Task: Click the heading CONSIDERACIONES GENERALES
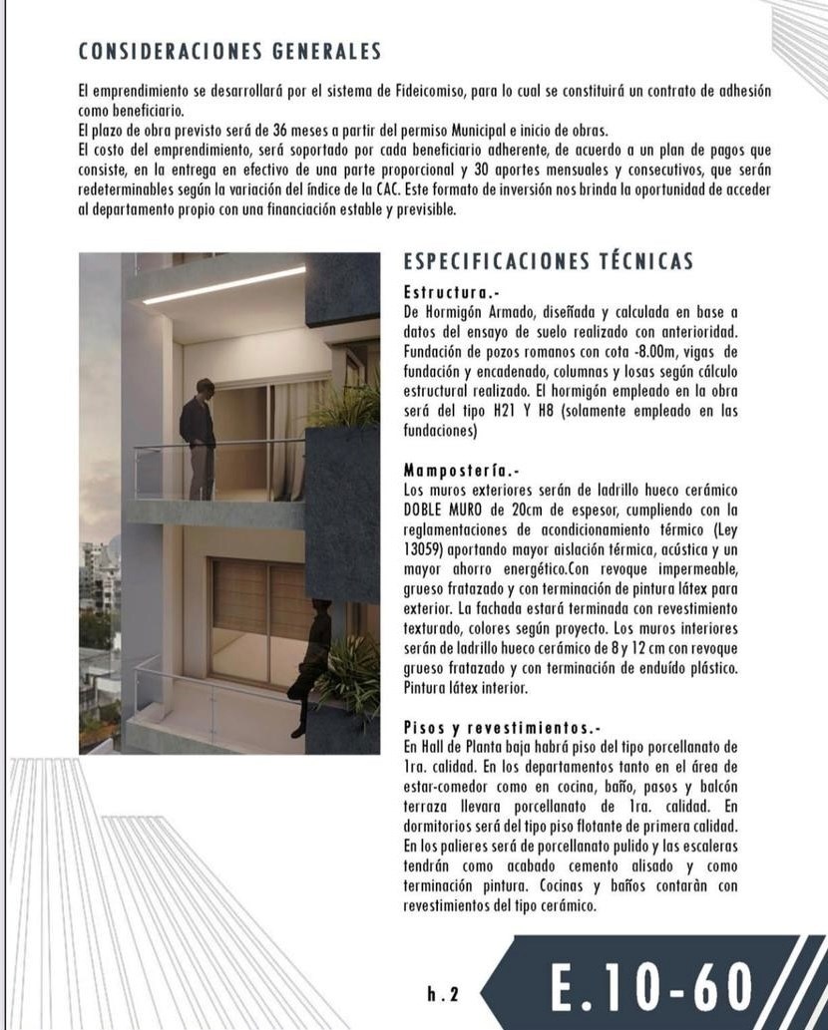[x=228, y=50]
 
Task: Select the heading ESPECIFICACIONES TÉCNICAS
[x=548, y=262]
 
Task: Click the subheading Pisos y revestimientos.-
[x=503, y=727]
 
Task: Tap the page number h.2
[x=441, y=993]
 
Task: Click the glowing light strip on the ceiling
[x=223, y=285]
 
